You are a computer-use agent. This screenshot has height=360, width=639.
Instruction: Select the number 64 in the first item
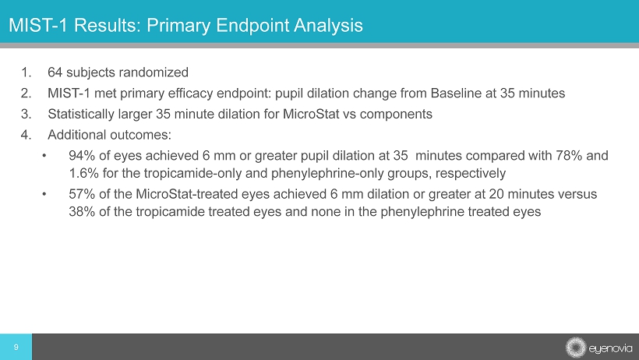pos(55,72)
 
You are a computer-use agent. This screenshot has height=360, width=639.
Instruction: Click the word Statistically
pos(81,115)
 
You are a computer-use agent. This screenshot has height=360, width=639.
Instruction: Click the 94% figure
pos(82,155)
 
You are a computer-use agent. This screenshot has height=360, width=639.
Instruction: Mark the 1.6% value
pos(83,173)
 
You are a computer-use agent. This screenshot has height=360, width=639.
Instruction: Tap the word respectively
pos(470,174)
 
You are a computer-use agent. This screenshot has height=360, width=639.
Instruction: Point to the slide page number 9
pos(16,347)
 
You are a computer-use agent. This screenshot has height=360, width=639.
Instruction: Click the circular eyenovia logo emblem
pos(575,348)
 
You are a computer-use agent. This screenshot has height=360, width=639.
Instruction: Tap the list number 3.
pos(26,115)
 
